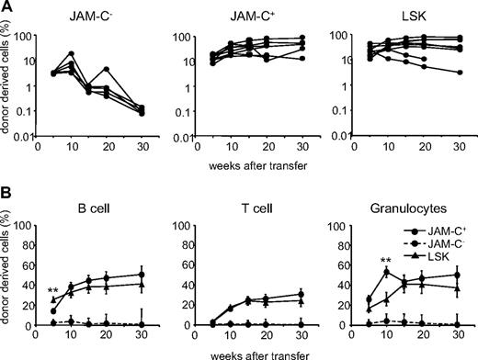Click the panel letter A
[6, 7]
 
